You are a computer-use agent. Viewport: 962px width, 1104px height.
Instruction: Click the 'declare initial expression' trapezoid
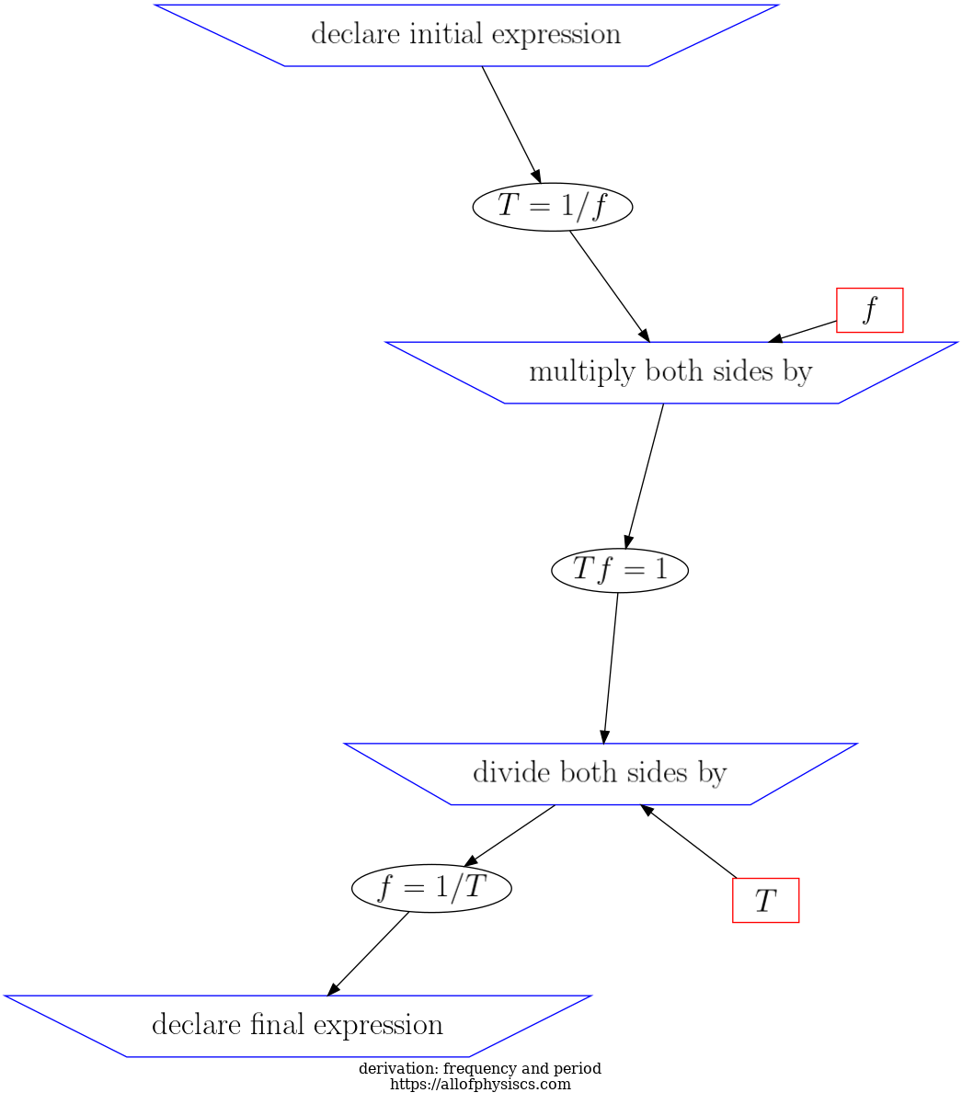pos(465,35)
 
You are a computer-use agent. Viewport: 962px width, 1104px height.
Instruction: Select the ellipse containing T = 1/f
pos(552,207)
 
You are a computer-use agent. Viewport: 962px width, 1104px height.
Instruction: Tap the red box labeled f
pos(869,310)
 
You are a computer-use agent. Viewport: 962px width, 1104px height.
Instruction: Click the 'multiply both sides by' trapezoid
pos(670,372)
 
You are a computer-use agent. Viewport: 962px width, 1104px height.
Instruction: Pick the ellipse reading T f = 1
pos(620,570)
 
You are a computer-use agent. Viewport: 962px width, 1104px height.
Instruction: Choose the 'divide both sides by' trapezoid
pos(600,773)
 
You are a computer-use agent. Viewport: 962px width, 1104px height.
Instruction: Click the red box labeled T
pos(765,900)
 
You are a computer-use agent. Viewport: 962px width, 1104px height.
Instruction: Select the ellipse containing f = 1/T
pos(431,888)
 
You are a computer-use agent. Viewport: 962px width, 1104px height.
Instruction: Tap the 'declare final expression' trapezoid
pos(297,1025)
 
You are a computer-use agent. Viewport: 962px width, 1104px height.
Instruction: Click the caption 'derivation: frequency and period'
pos(479,1069)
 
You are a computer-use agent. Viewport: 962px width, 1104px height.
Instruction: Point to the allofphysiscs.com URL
pos(480,1085)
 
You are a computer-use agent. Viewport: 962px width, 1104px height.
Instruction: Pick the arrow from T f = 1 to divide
pos(611,667)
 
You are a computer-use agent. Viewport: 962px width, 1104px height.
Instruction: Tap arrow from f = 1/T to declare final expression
pos(369,952)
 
